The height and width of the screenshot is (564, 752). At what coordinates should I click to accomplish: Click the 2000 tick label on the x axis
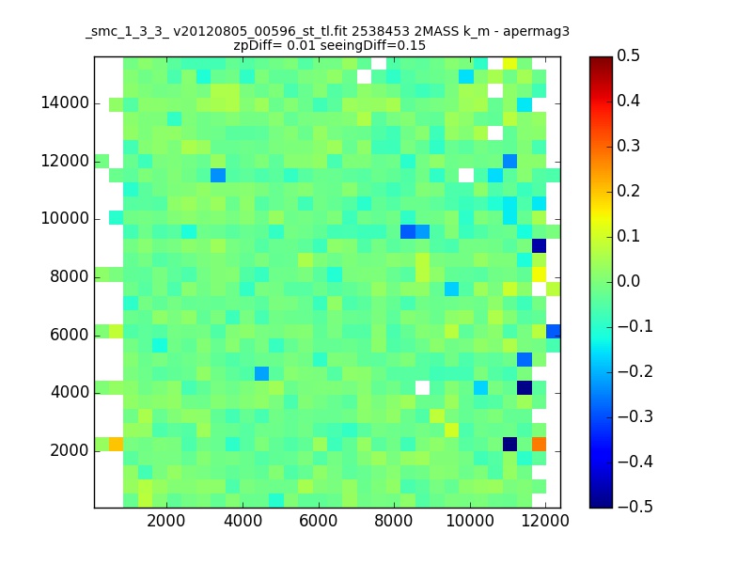(x=166, y=521)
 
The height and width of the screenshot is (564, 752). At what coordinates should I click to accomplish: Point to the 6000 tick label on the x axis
(x=318, y=521)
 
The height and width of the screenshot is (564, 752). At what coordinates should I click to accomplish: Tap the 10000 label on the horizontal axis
(x=469, y=521)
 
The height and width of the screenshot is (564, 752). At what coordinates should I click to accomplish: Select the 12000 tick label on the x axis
(x=545, y=521)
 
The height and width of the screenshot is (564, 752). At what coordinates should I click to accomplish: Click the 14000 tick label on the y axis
(x=65, y=103)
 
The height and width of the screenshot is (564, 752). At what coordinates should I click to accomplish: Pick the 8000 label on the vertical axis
(x=70, y=276)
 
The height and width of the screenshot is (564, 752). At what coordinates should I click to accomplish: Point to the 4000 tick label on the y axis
(x=70, y=393)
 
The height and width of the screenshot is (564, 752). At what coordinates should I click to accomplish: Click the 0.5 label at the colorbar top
(x=628, y=55)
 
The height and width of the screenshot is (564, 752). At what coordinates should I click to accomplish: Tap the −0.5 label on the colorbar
(x=635, y=507)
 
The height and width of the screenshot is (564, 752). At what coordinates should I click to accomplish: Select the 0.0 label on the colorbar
(x=628, y=281)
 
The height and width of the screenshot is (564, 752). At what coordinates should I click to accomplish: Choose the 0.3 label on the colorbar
(x=628, y=146)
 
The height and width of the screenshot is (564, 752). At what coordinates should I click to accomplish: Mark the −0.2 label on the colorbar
(x=635, y=371)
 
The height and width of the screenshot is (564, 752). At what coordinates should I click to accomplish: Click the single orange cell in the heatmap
(x=539, y=444)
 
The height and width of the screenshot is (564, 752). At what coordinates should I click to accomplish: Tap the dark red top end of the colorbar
(x=601, y=60)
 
